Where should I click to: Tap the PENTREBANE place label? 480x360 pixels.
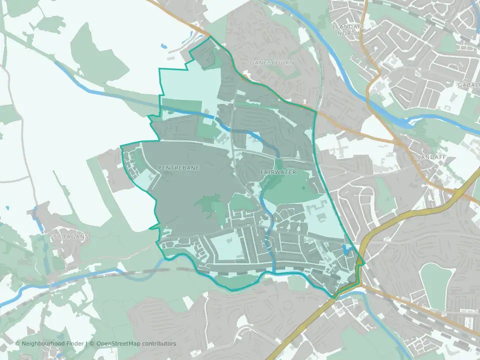coord(178,168)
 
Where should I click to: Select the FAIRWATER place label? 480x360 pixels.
coord(278,172)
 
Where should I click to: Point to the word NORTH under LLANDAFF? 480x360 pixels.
coord(346,33)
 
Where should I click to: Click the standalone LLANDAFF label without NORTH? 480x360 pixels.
coord(426,156)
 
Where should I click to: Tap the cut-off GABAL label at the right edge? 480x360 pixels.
coord(468,85)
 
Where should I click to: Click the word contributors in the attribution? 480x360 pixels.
coord(159,343)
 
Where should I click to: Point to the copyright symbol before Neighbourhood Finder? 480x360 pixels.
coord(17,343)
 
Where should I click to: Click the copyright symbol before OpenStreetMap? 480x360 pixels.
coord(93,343)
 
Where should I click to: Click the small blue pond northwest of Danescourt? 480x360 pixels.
coord(163,46)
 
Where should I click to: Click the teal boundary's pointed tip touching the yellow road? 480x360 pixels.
coord(365,263)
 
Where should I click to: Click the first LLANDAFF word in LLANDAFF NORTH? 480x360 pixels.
coord(346,25)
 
